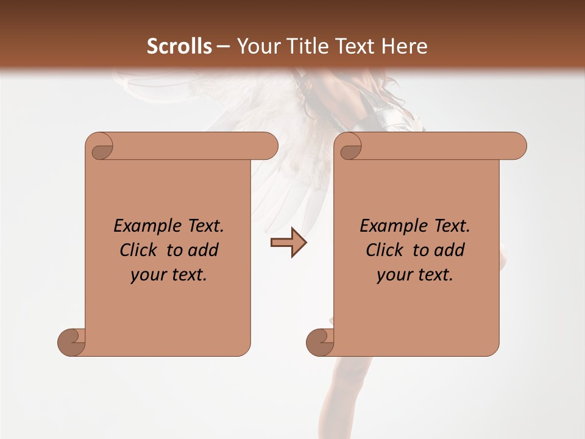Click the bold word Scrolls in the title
tap(179, 46)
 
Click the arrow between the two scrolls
tap(288, 243)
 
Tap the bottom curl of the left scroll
tap(71, 342)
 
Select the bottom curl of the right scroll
tap(320, 342)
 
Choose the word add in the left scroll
tap(204, 250)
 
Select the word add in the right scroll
tap(450, 250)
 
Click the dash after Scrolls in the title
tap(223, 46)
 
